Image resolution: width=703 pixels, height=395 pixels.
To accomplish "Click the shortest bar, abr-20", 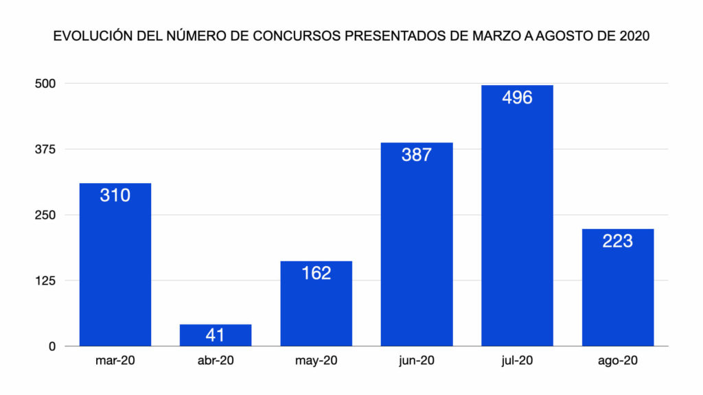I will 216,335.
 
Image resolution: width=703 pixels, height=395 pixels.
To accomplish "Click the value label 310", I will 115,195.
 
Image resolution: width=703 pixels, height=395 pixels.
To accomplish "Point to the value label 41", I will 216,336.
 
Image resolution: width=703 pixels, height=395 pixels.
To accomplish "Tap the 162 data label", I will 316,273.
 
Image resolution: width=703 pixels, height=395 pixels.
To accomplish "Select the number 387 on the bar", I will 417,154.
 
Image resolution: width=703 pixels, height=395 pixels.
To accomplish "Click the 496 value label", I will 517,97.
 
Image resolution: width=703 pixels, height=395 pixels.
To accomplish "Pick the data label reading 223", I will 617,241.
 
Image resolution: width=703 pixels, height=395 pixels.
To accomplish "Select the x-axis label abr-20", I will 216,361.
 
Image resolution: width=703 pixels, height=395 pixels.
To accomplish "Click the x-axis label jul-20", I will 517,361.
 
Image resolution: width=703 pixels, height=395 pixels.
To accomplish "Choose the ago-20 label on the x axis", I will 617,361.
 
